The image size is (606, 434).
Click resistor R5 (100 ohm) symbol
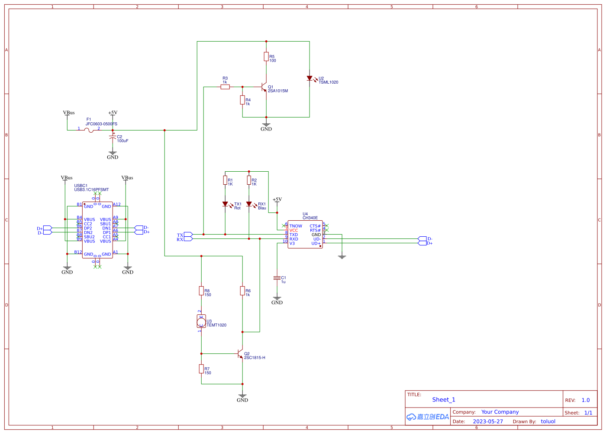click(x=266, y=56)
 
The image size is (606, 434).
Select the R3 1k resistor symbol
click(x=225, y=87)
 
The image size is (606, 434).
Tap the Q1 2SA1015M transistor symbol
click(x=264, y=87)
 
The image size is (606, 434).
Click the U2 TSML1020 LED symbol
click(x=309, y=78)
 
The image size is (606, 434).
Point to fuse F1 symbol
click(x=90, y=130)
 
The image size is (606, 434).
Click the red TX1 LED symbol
click(x=225, y=204)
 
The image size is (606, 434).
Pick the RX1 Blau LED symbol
click(x=249, y=204)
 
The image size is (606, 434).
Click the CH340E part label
click(x=310, y=218)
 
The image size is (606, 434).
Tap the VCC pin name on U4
click(x=293, y=230)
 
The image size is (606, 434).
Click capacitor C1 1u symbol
click(x=277, y=277)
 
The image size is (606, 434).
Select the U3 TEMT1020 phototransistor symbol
click(x=201, y=321)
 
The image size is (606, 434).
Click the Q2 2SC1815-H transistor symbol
click(x=240, y=354)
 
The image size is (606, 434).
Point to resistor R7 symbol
click(x=201, y=369)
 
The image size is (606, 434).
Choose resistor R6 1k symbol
click(x=242, y=290)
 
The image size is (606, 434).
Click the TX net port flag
click(x=188, y=235)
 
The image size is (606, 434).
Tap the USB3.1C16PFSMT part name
click(x=91, y=189)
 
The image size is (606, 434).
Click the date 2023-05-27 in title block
click(x=488, y=421)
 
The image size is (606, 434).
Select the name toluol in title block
click(x=548, y=421)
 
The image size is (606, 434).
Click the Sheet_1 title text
click(x=444, y=400)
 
